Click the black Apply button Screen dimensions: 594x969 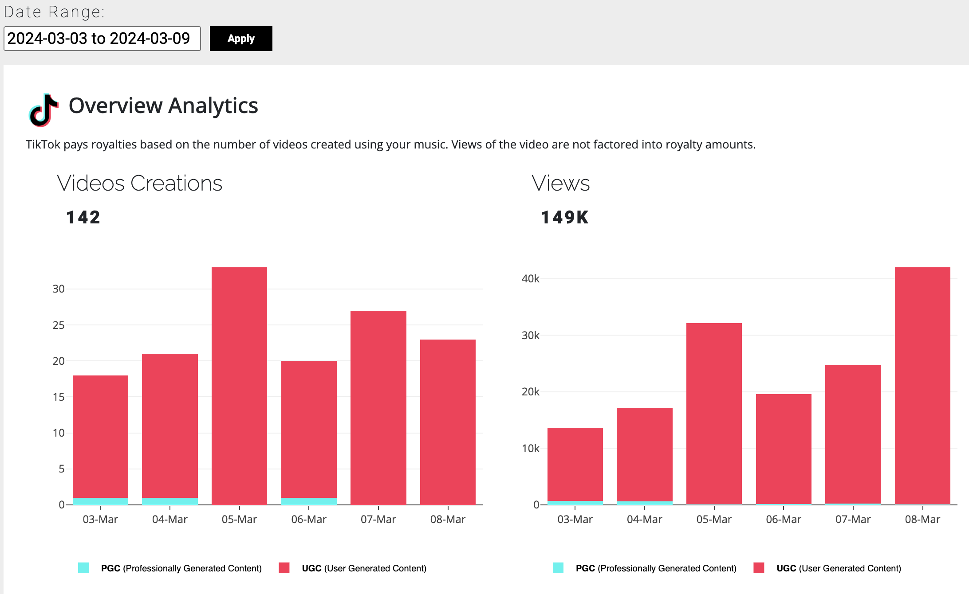pos(241,39)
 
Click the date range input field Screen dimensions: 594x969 pos(102,39)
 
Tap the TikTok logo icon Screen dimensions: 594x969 pos(43,110)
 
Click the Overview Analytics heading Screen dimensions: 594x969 pos(163,106)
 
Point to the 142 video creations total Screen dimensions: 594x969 pos(83,218)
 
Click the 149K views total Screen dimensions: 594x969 pos(564,218)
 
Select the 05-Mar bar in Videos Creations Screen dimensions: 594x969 pos(239,386)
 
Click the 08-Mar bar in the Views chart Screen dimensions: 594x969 pos(922,386)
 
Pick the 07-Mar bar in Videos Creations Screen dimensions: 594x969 pos(378,408)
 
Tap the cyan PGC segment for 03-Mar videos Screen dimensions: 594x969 pos(100,501)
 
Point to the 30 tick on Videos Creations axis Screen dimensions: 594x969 pos(59,289)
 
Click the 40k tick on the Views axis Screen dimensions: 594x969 pos(531,279)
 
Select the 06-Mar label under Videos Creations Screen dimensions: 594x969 pos(309,520)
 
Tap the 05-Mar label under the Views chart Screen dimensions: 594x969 pos(714,520)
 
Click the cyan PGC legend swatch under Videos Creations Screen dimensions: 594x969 pos(83,568)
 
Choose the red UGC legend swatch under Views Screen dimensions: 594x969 pos(759,568)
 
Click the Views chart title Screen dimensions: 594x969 pos(561,183)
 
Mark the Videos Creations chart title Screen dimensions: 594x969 pos(140,183)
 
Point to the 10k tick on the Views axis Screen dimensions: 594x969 pos(531,449)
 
